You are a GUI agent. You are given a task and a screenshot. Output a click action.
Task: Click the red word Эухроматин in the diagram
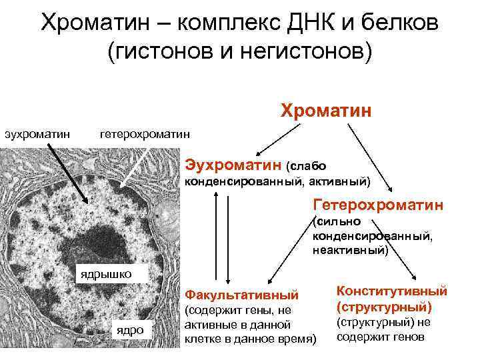(233, 163)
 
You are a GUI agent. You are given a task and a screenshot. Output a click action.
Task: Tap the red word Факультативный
(241, 294)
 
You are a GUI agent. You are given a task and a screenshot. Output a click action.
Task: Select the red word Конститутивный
(392, 291)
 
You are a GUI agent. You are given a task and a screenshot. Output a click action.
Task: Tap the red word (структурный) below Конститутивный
(384, 307)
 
